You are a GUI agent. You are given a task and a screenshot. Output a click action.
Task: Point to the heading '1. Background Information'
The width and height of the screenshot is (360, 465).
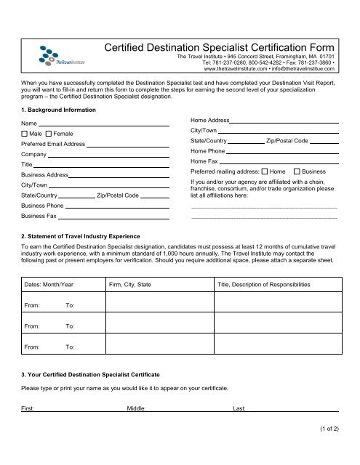coord(58,110)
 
